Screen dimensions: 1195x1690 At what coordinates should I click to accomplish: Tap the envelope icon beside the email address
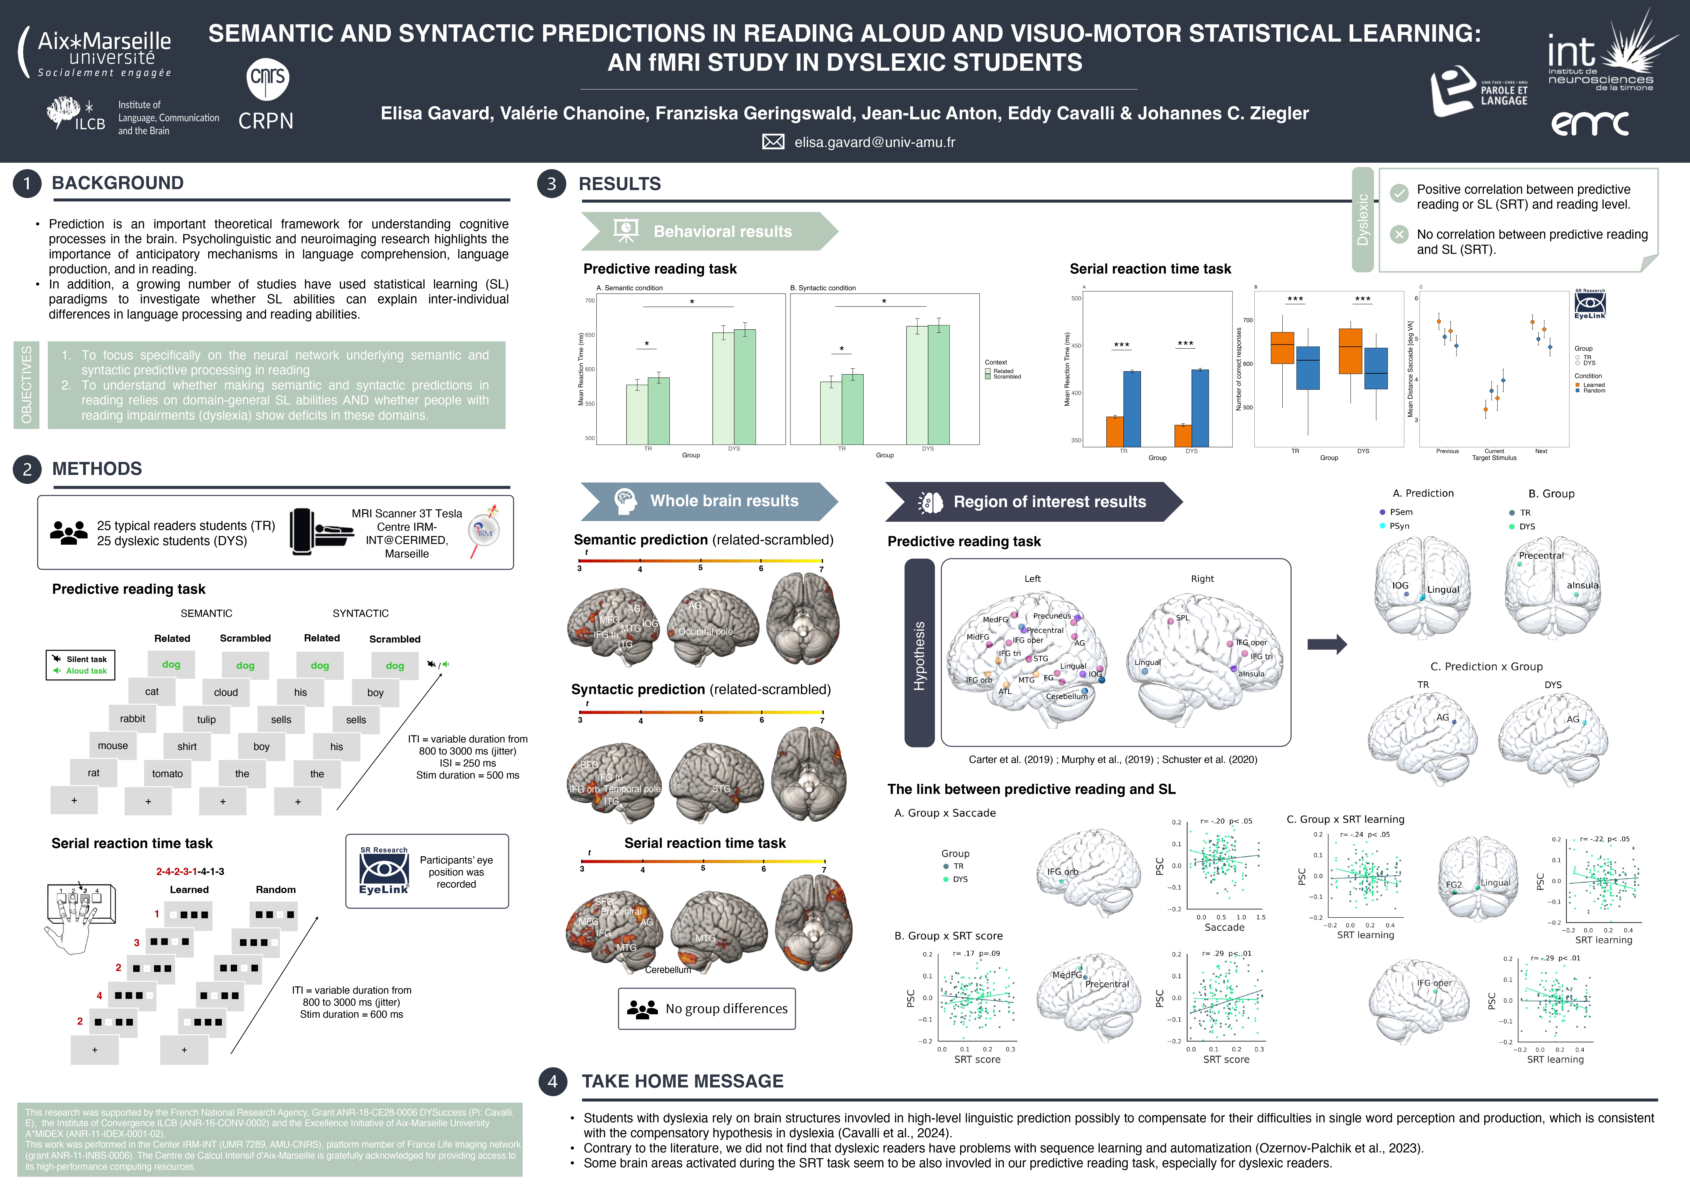point(773,142)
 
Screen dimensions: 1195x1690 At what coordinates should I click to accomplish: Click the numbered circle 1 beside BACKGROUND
point(27,183)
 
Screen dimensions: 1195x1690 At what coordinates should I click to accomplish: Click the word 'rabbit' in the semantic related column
point(133,719)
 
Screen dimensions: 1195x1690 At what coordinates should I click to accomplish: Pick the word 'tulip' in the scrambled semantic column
point(206,720)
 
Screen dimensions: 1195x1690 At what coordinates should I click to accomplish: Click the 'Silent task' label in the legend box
point(86,659)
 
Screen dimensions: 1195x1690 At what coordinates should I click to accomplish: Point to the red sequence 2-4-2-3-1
point(176,871)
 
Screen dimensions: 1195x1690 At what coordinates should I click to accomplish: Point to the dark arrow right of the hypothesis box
point(1326,645)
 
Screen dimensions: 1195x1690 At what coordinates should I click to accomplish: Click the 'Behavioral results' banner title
point(722,232)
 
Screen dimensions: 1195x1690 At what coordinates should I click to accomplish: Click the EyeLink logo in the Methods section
point(384,872)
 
